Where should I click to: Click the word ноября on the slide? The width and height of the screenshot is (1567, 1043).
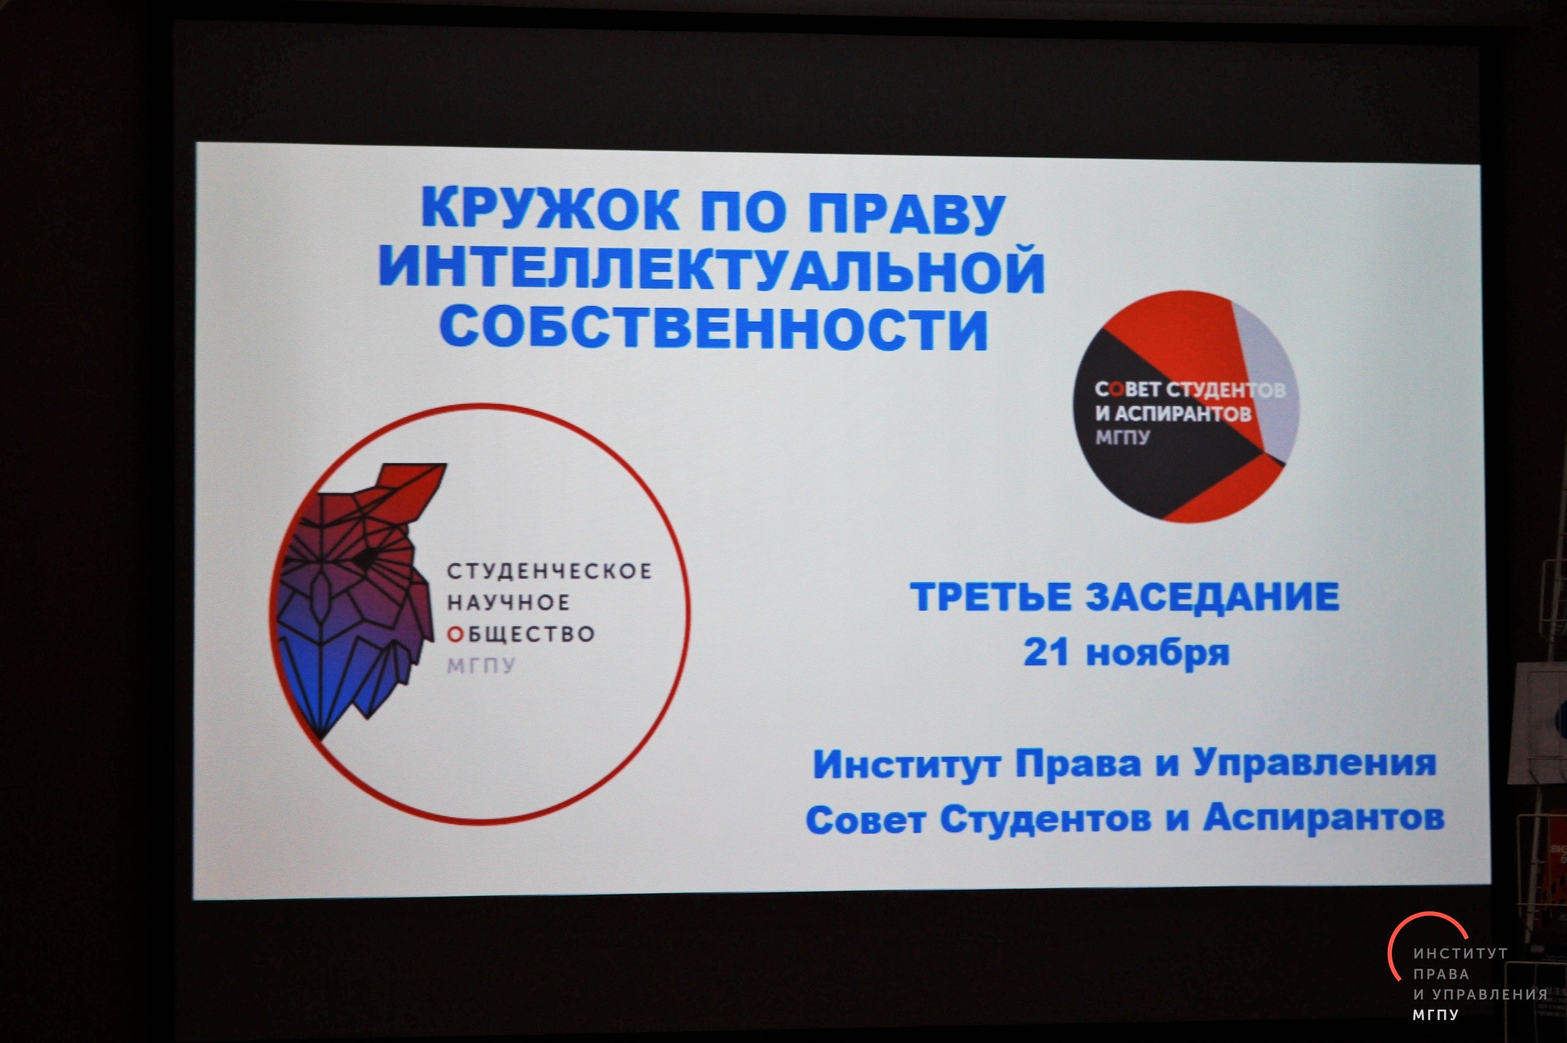pyautogui.click(x=1158, y=654)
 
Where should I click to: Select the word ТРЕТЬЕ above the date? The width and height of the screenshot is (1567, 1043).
pyautogui.click(x=992, y=597)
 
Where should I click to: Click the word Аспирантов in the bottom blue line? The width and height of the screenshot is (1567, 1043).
pyautogui.click(x=1323, y=818)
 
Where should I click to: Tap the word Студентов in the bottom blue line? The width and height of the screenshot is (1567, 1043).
pyautogui.click(x=1045, y=820)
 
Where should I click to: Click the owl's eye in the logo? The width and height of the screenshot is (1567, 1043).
pyautogui.click(x=364, y=558)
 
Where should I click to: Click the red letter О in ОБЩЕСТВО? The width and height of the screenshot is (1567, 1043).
pyautogui.click(x=454, y=635)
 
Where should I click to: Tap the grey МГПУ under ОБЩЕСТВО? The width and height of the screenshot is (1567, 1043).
pyautogui.click(x=481, y=666)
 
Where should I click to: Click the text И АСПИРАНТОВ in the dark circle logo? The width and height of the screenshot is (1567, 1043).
pyautogui.click(x=1173, y=414)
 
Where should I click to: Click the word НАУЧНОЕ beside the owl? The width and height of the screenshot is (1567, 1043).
pyautogui.click(x=508, y=603)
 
